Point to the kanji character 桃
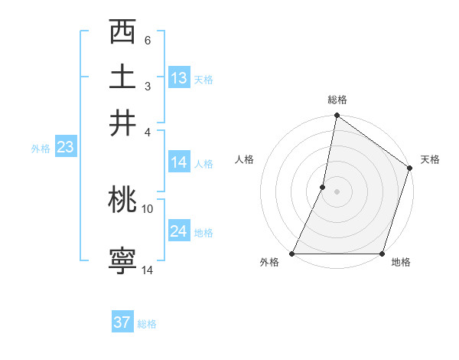[123, 201]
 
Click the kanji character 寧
[123, 260]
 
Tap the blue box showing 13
[179, 78]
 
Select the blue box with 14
[179, 162]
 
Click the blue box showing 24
[179, 231]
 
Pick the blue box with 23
[65, 148]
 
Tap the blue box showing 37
[122, 322]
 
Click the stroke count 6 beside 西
[147, 40]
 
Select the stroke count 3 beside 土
[147, 85]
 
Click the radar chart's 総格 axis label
[337, 100]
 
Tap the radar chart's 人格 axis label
[245, 159]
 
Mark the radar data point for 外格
[292, 254]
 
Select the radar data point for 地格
[382, 254]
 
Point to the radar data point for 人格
[323, 187]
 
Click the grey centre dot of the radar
[337, 191]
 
